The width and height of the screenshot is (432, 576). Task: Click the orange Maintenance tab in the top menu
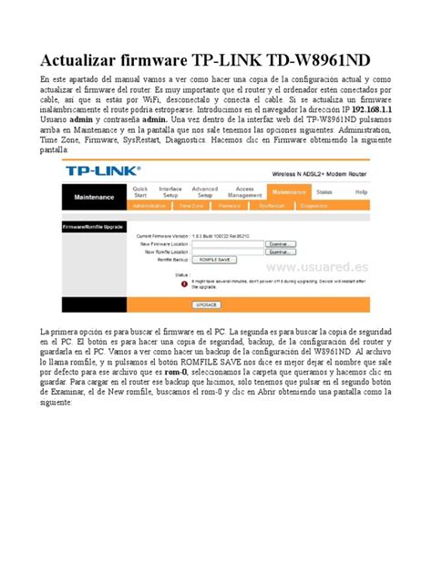tap(289, 192)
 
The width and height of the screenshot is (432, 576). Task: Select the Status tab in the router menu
tap(324, 192)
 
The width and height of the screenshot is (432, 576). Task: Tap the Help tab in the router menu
tap(362, 192)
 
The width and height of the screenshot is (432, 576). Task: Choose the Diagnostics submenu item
tap(314, 206)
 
